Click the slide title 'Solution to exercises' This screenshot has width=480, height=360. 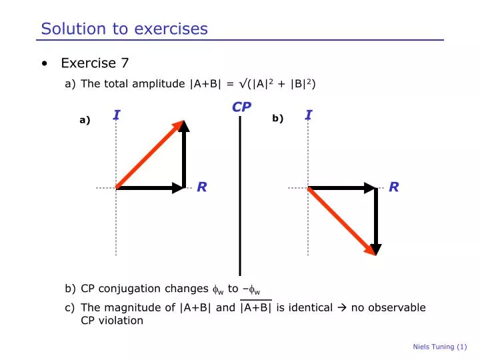124,29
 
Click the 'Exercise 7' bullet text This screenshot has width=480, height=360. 95,63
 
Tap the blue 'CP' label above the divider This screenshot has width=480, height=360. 241,107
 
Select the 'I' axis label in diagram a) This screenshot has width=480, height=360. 117,115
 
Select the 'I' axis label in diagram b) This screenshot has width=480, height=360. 309,115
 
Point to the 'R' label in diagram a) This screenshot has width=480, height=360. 201,187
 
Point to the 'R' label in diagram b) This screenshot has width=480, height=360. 393,187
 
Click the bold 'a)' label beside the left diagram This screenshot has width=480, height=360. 85,121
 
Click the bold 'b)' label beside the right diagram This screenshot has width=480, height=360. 278,119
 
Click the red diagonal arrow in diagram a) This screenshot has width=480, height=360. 150,155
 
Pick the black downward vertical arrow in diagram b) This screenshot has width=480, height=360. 376,220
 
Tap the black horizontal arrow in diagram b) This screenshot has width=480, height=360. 341,188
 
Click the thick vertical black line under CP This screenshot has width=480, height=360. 240,200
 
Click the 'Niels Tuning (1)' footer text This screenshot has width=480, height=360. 440,347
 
